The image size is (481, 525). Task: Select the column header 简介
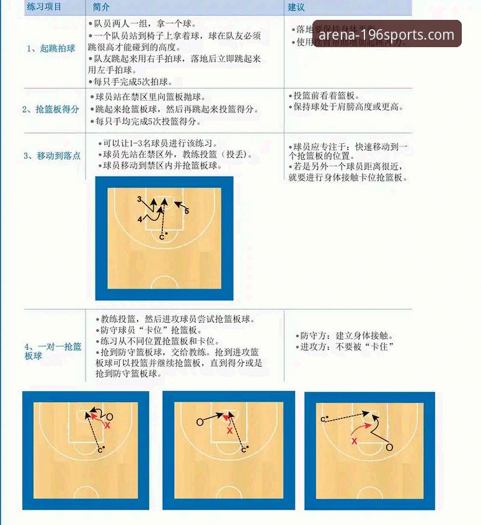pyautogui.click(x=101, y=7)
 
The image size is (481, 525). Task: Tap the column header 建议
pyautogui.click(x=296, y=7)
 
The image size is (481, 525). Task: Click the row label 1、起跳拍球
pyautogui.click(x=49, y=48)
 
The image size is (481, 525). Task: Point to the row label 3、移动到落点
pyautogui.click(x=52, y=156)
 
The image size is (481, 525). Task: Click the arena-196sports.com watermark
pyautogui.click(x=387, y=34)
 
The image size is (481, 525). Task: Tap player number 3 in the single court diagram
pyautogui.click(x=140, y=199)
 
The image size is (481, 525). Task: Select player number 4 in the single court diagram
pyautogui.click(x=140, y=219)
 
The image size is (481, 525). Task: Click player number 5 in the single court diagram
pyautogui.click(x=187, y=211)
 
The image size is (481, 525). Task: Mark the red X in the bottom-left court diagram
pyautogui.click(x=107, y=426)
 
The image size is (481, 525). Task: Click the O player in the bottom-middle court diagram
pyautogui.click(x=200, y=422)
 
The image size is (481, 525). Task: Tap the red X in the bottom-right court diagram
pyautogui.click(x=355, y=441)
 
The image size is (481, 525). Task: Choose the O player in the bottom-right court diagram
pyautogui.click(x=389, y=447)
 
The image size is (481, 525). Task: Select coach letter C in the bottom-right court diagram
pyautogui.click(x=323, y=420)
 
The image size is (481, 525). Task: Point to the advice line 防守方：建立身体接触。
pyautogui.click(x=342, y=335)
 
